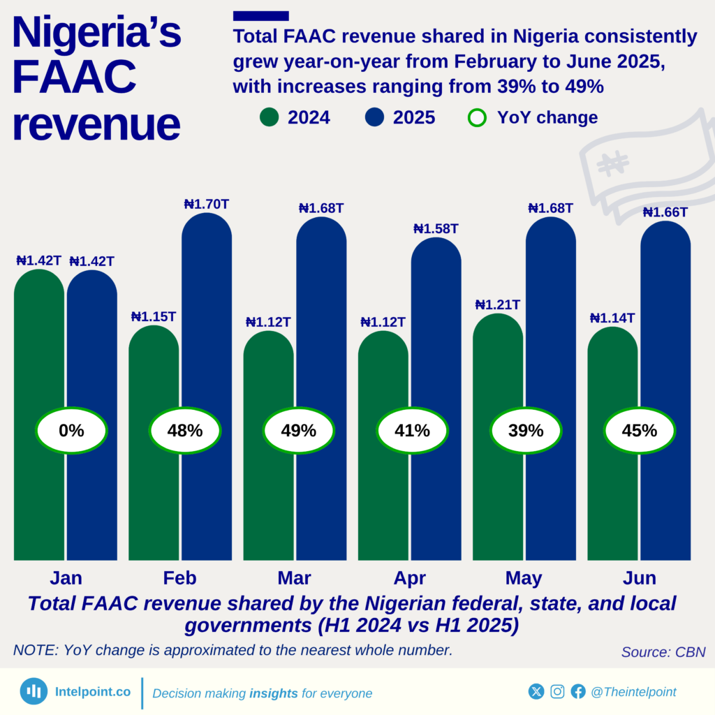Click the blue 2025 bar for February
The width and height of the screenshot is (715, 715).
[207, 314]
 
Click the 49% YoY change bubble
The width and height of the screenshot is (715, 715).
[298, 431]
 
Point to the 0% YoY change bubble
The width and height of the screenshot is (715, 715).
[71, 431]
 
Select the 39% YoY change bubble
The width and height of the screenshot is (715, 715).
[526, 431]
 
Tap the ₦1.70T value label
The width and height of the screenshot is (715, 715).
[207, 205]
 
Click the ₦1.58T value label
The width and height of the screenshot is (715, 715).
[436, 228]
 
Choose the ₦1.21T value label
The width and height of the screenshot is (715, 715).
[497, 304]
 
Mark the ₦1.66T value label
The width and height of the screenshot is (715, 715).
[665, 212]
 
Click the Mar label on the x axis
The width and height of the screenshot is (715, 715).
[294, 578]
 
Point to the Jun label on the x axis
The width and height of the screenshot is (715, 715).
[640, 578]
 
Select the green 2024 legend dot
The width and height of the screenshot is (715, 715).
[269, 117]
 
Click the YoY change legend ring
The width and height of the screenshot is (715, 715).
[477, 117]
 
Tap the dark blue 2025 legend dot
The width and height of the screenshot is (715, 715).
[375, 117]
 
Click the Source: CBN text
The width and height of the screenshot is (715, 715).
[663, 652]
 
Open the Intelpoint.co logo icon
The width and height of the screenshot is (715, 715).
[34, 691]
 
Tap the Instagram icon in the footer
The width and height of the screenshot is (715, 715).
[557, 691]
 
